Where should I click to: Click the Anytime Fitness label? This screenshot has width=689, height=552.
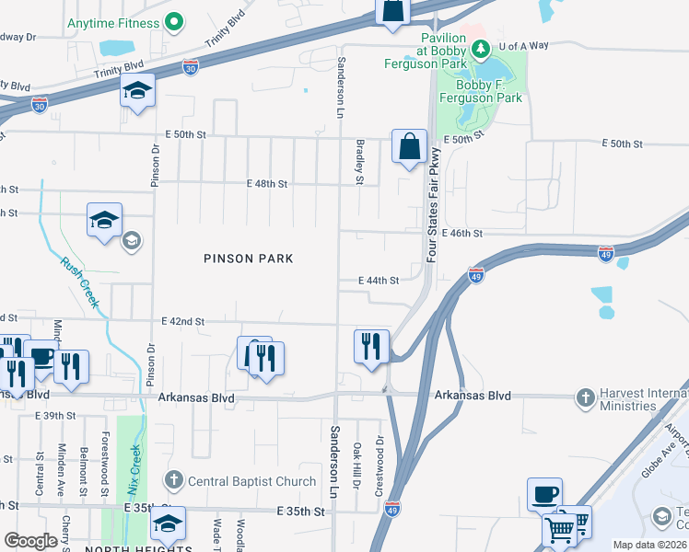111,23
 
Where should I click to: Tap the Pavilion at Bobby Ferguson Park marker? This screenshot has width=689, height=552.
479,49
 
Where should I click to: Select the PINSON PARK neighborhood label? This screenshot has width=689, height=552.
249,259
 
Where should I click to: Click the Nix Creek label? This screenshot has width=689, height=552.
134,470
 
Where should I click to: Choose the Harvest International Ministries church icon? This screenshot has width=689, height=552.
584,398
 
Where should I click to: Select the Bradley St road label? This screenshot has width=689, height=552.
360,162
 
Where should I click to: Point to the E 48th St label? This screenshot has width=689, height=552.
268,184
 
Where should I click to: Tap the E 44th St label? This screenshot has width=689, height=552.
379,281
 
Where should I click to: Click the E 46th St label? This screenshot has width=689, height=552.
461,234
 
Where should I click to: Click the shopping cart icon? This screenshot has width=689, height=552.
559,529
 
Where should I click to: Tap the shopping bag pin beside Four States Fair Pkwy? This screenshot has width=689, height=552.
409,146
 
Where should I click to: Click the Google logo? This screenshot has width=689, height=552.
31,541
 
